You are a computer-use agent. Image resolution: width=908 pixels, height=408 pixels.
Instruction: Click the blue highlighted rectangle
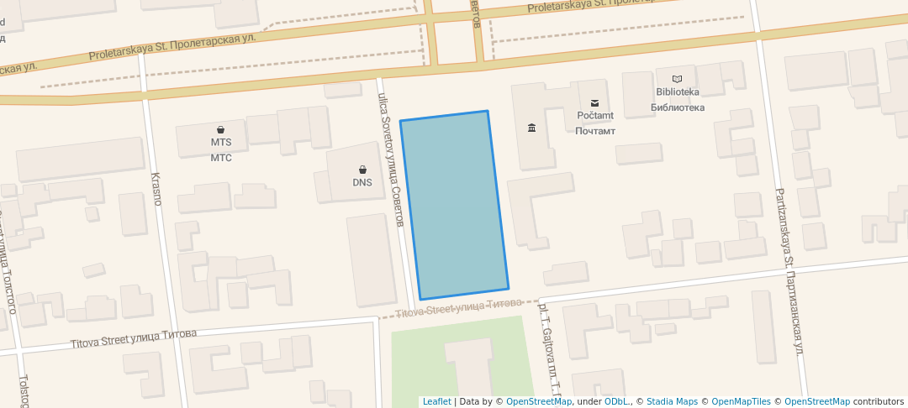454,206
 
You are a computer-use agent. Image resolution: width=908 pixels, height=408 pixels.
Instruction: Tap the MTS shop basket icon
220,129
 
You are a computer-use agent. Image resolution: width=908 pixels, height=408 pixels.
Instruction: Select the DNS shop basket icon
362,170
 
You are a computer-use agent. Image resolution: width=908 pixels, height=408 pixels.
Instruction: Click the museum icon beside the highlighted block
531,128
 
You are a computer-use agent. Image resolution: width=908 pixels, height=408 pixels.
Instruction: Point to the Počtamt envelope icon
595,102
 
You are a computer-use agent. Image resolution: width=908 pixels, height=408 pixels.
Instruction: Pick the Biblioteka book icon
677,78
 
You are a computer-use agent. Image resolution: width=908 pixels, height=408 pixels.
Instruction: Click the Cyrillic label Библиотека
677,107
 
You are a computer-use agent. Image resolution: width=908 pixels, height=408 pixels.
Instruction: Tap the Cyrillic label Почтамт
595,131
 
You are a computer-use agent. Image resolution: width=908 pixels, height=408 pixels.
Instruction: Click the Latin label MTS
220,143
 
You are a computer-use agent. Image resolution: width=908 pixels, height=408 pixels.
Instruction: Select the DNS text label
362,183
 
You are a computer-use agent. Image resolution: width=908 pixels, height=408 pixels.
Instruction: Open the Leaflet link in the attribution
436,402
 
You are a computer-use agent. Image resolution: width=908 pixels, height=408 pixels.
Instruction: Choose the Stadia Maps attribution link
671,402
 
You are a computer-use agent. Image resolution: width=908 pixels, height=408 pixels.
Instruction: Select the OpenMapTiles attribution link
736,402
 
